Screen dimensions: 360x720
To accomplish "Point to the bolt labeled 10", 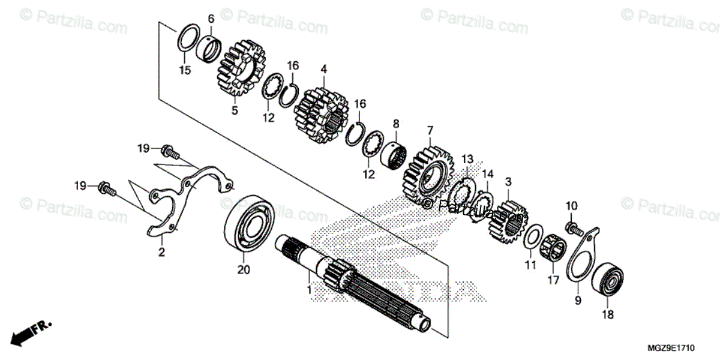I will click(573, 227).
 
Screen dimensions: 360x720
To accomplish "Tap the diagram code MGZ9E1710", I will click(670, 347).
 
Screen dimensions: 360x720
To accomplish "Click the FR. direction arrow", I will click(30, 333).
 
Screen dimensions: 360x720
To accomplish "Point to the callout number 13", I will click(467, 159).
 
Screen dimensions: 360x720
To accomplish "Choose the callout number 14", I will click(488, 174).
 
